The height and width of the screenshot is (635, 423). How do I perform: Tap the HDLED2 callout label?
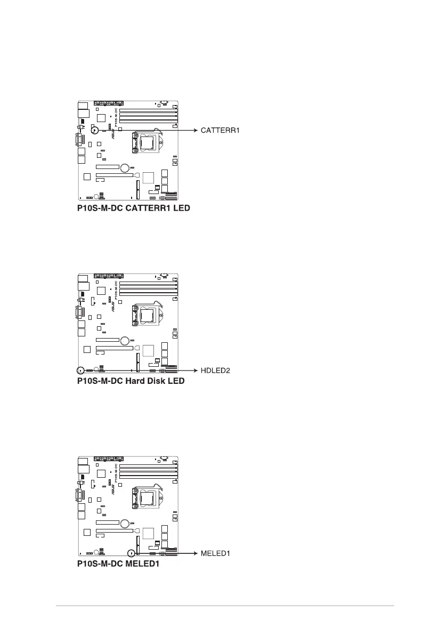point(215,371)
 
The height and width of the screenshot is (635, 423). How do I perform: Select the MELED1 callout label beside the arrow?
point(215,553)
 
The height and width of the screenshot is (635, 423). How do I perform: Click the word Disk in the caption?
point(157,381)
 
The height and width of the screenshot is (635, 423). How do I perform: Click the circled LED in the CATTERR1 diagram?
point(94,130)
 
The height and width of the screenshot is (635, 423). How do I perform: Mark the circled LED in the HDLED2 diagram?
point(80,370)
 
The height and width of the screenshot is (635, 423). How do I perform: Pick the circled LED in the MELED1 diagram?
point(131,553)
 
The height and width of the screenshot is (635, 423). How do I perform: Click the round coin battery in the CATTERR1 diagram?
point(126,168)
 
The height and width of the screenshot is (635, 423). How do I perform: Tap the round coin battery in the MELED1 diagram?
point(126,524)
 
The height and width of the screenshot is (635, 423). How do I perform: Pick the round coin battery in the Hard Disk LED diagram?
point(126,341)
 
